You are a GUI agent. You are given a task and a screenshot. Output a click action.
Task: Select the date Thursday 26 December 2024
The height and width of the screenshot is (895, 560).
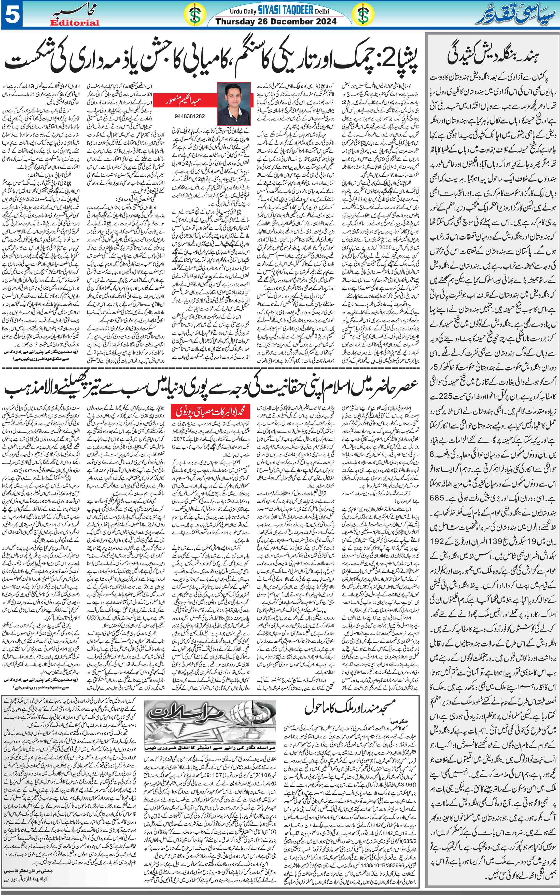click(276, 22)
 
